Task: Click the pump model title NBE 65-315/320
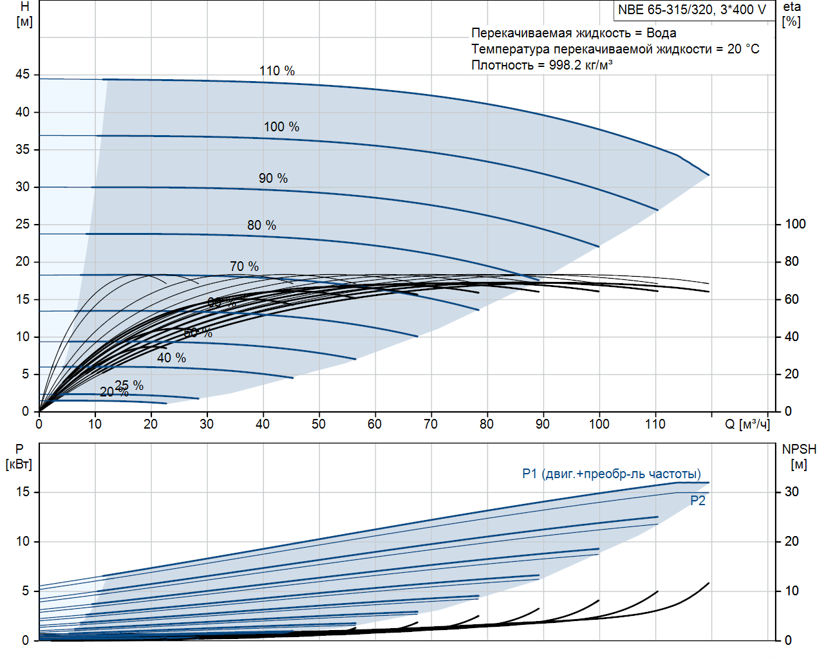tap(692, 10)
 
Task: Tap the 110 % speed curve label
tap(277, 71)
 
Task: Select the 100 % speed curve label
tap(281, 127)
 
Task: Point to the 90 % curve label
tap(273, 178)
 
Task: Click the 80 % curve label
tap(261, 225)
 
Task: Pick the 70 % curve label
tap(244, 266)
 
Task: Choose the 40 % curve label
tap(171, 358)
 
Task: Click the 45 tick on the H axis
tap(23, 75)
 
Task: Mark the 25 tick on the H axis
tap(23, 224)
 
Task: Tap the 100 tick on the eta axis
tap(795, 224)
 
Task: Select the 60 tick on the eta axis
tap(791, 299)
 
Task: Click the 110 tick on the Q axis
tap(655, 424)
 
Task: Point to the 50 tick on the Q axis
tap(319, 424)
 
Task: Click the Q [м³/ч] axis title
tap(747, 424)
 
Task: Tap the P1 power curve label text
tap(611, 474)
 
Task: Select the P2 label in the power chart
tap(698, 501)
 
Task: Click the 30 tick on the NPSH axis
tap(791, 492)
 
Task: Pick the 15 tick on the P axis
tap(23, 492)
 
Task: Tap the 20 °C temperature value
tap(743, 49)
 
